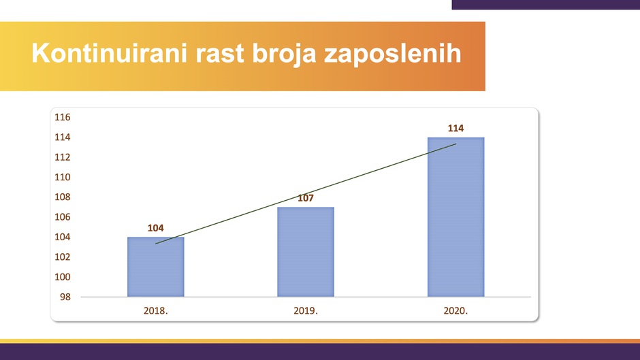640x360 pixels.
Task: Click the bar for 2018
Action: pos(155,267)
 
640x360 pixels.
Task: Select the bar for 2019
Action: pos(306,252)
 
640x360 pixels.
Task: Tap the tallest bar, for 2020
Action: pos(456,217)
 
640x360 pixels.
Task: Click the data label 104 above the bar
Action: pos(155,228)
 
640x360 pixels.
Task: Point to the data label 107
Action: pos(306,198)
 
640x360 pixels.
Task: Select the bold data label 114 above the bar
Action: pos(456,129)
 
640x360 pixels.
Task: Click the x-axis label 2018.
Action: pos(155,311)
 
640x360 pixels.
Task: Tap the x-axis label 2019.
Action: pos(306,311)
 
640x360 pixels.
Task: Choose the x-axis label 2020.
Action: pos(456,311)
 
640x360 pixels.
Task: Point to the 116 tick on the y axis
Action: pos(63,118)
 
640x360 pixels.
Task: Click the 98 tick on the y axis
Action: pos(65,297)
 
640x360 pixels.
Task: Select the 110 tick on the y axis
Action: pos(63,177)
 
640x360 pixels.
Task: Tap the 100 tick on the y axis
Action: pos(63,277)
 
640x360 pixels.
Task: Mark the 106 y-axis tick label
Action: pos(63,217)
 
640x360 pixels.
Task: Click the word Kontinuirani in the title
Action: pos(110,53)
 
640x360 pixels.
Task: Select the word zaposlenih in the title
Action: pos(393,54)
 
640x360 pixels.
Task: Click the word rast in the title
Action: pos(220,54)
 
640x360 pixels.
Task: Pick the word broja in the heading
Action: pos(284,54)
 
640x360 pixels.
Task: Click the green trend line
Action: pos(306,194)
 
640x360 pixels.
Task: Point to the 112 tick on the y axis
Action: pos(63,158)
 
